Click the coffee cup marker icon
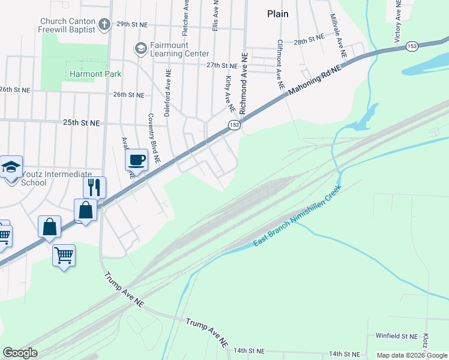pos(137,160)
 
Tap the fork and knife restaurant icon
pos(94,187)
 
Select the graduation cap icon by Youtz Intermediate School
pos(11,166)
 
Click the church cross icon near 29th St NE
pos(104,25)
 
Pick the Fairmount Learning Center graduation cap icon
pos(141,49)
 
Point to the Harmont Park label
pos(95,74)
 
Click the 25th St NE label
pos(81,122)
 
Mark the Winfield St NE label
pos(396,337)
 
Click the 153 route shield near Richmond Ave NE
pos(234,125)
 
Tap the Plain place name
pos(277,14)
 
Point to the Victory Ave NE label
pos(397,21)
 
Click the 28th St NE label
pos(309,43)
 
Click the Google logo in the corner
pos(20,353)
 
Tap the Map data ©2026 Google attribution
pos(412,355)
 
